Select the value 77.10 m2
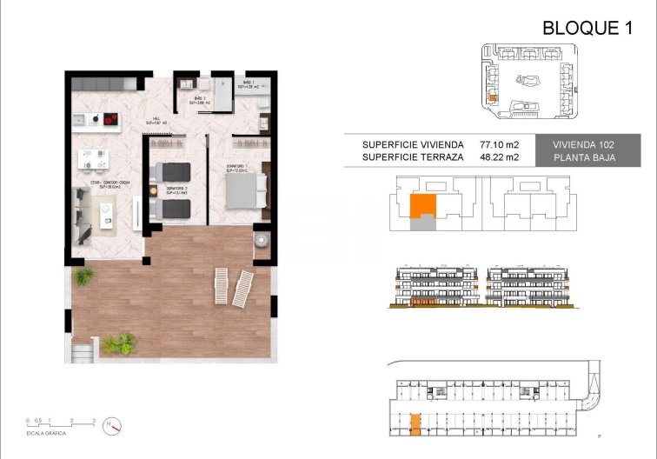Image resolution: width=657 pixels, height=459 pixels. coord(499,143)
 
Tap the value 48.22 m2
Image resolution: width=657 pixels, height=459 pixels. coord(499,157)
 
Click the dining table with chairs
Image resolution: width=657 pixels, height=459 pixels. coord(93,158)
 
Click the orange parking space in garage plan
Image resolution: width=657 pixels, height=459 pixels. coord(415,424)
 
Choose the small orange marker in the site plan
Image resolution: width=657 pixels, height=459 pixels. coord(493,99)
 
